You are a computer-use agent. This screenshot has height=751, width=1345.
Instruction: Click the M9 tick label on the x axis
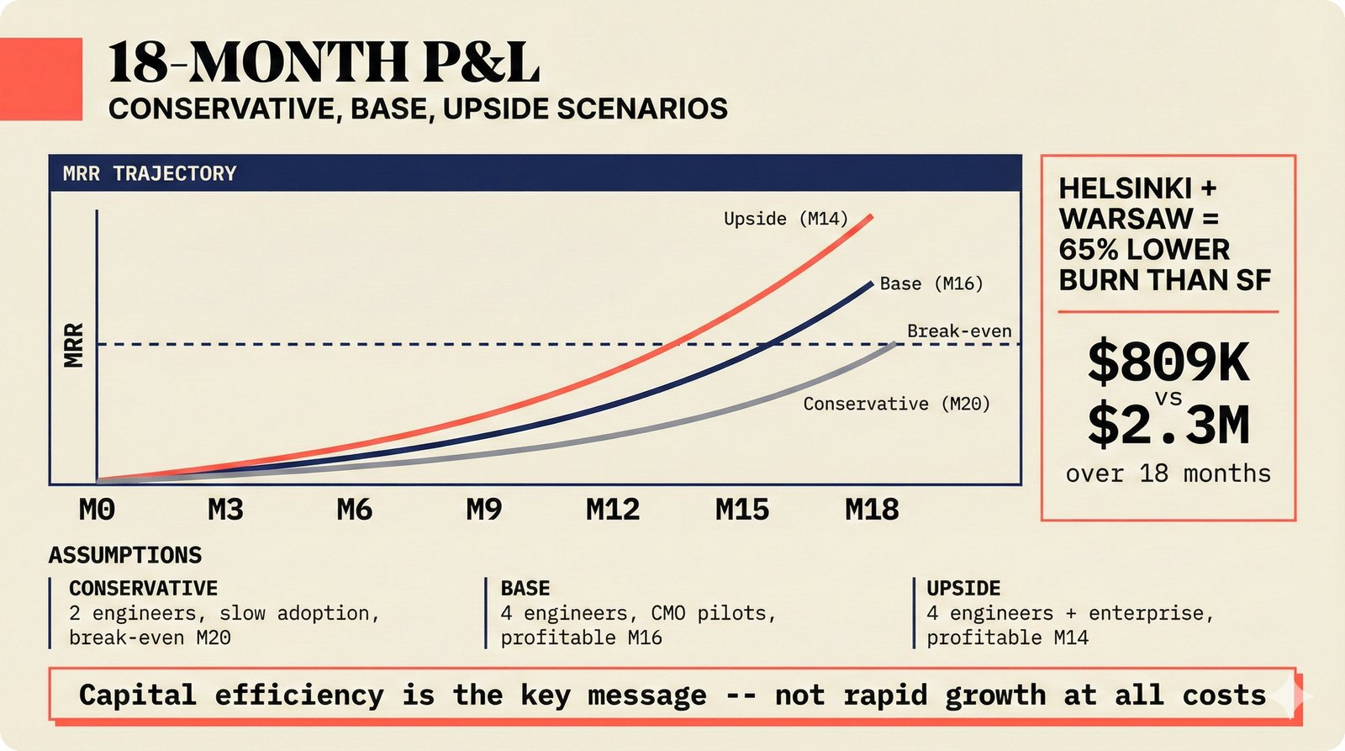[x=484, y=510]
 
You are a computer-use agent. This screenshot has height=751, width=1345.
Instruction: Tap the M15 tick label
[x=742, y=510]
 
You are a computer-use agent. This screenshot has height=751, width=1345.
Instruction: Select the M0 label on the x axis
[x=97, y=510]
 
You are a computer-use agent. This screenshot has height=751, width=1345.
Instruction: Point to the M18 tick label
[x=872, y=510]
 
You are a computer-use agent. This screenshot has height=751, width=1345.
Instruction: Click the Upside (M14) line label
[x=786, y=219]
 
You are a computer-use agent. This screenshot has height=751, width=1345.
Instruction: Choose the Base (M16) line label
[x=931, y=283]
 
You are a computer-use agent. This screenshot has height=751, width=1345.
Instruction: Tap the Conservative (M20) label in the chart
[x=896, y=404]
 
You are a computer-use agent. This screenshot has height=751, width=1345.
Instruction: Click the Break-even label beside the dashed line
[x=958, y=331]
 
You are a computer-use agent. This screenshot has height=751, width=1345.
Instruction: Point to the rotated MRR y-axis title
[x=74, y=345]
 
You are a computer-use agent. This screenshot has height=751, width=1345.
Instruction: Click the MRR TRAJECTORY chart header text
[x=150, y=173]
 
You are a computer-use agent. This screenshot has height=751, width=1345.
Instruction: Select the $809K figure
[x=1168, y=362]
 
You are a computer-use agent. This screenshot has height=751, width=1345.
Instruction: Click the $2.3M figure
[x=1168, y=425]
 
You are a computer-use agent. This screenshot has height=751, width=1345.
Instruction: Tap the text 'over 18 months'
[x=1168, y=473]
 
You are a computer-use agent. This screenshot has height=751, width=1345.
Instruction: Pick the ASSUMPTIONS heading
[x=125, y=555]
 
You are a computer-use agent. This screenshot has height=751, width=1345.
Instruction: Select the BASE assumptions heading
[x=525, y=588]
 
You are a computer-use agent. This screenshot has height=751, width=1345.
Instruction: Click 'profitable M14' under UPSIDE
[x=1007, y=637]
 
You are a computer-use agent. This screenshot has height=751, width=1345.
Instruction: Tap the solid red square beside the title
[x=40, y=78]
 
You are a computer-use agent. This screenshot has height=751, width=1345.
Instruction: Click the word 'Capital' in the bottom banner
[x=137, y=695]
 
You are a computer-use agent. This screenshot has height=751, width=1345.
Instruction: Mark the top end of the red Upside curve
[x=871, y=216]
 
